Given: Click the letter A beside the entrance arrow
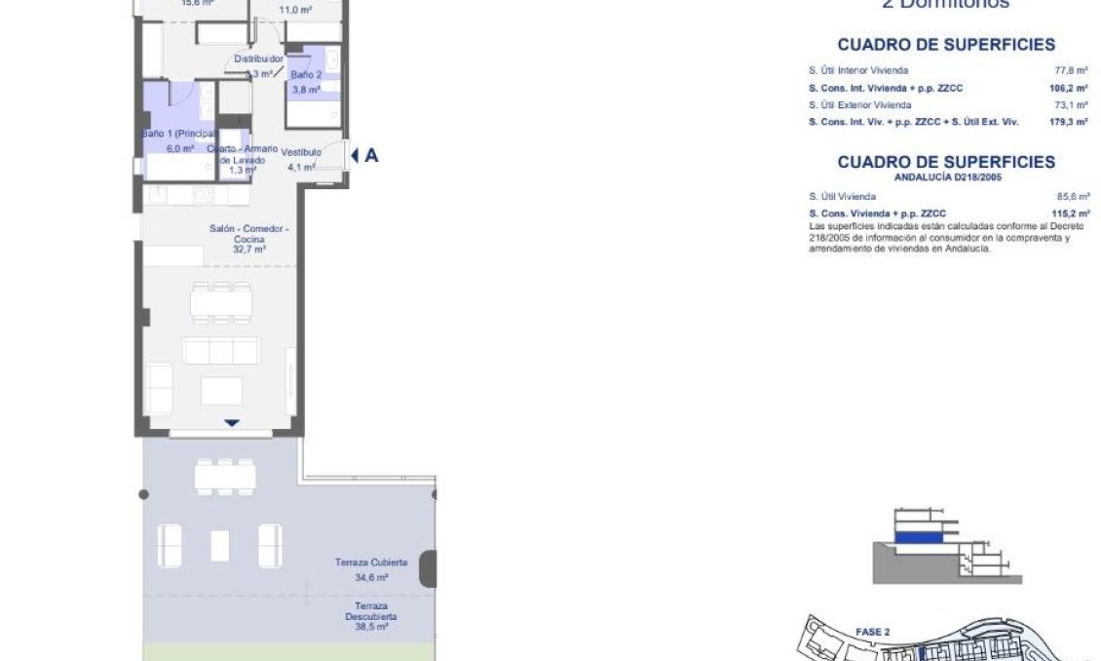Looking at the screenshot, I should click(x=371, y=155).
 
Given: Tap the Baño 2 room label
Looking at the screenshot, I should click(x=305, y=75).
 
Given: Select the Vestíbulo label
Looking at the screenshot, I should click(x=301, y=152).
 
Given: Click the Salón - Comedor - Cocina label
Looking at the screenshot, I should click(x=249, y=234).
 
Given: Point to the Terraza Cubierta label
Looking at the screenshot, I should click(x=370, y=563).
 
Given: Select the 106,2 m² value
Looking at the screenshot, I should click(x=1068, y=88).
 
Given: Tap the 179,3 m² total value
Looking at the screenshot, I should click(x=1068, y=122).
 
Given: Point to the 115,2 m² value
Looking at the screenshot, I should click(x=1068, y=213).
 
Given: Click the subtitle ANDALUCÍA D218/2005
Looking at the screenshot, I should click(x=945, y=177).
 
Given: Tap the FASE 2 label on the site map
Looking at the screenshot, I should click(x=872, y=632).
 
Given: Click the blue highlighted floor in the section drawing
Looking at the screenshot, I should click(x=917, y=536).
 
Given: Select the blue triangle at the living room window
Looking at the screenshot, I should click(x=231, y=423).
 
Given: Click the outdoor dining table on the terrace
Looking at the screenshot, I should click(x=225, y=476).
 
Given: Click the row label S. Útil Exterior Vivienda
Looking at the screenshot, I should click(x=860, y=104).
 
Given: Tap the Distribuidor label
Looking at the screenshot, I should click(x=258, y=58).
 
